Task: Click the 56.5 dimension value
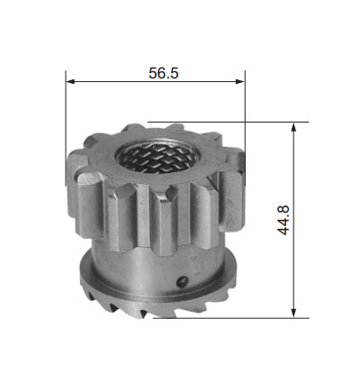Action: (x=164, y=73)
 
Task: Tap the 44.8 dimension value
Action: (x=283, y=220)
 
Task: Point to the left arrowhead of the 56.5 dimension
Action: (x=70, y=81)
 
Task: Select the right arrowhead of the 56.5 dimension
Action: (x=240, y=81)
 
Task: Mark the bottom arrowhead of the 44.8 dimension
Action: (x=293, y=314)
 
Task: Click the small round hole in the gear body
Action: (x=182, y=281)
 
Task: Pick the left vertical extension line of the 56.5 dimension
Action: (x=66, y=128)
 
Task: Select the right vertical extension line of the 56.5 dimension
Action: (x=245, y=128)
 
